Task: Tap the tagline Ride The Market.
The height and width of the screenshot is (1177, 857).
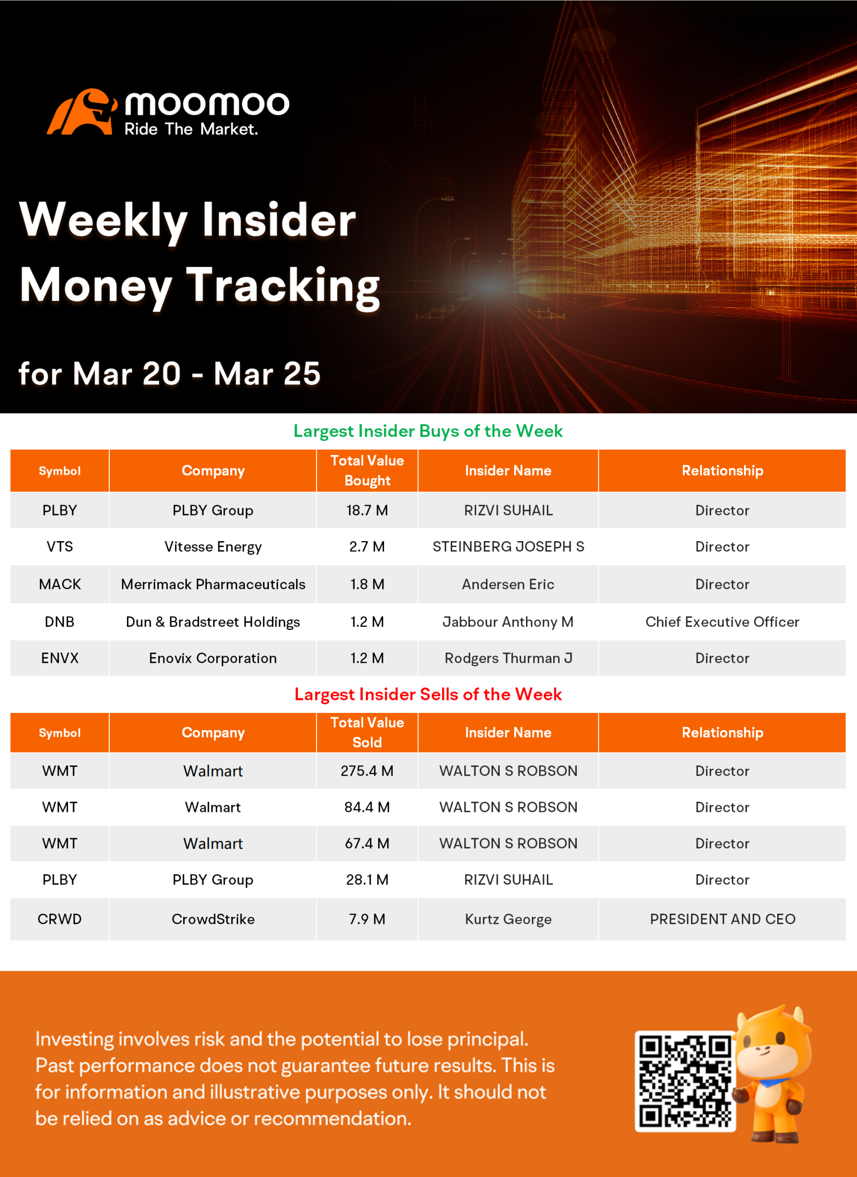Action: point(191,129)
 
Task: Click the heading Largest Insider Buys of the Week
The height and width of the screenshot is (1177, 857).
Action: point(428,431)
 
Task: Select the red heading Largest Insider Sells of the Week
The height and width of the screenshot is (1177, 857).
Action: point(428,694)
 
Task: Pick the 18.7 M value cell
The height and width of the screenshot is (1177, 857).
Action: point(367,510)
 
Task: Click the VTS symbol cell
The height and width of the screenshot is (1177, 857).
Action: point(59,546)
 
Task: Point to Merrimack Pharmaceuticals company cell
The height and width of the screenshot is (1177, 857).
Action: point(213,584)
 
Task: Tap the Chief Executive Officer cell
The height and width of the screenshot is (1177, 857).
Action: point(722,621)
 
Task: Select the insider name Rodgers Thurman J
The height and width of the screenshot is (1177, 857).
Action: point(508,658)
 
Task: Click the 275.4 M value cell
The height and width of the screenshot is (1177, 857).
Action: point(367,771)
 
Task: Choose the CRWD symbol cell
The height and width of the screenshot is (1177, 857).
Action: point(59,919)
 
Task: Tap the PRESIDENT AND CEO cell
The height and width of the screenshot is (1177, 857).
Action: point(723,919)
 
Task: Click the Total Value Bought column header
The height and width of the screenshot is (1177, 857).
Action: point(367,470)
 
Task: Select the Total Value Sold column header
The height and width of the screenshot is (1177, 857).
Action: point(367,732)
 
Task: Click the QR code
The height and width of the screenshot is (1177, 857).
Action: point(685,1081)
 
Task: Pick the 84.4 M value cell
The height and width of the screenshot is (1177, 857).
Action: point(367,807)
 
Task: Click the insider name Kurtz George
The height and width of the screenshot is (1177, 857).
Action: point(508,919)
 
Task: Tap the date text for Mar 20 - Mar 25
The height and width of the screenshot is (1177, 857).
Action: point(169,373)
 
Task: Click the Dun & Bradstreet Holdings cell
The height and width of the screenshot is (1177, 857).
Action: point(213,621)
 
